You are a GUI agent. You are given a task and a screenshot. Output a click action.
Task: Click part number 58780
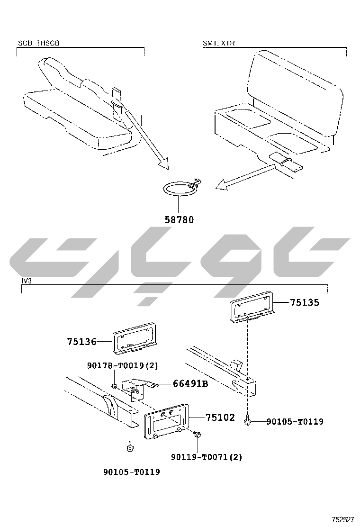click(x=179, y=220)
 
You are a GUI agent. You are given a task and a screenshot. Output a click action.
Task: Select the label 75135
click(x=305, y=302)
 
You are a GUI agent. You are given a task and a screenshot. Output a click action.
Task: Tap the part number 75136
click(x=81, y=342)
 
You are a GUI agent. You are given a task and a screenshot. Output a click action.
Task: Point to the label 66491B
click(x=190, y=383)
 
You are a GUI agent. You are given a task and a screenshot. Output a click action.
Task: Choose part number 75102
click(x=220, y=418)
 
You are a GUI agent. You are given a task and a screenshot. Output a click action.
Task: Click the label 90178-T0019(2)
click(x=123, y=365)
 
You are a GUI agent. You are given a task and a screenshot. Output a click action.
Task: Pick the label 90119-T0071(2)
click(x=207, y=457)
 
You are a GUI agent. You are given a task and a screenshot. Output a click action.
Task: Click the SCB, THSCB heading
click(x=39, y=43)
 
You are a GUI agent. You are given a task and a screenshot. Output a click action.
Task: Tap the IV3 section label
click(x=26, y=281)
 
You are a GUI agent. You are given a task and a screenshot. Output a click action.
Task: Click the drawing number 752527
click(x=343, y=519)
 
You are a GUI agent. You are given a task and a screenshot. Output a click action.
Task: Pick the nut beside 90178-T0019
click(x=114, y=386)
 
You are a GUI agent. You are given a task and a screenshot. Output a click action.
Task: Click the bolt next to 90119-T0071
click(x=198, y=435)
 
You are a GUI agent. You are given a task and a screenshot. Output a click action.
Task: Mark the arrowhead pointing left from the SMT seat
click(x=222, y=184)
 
